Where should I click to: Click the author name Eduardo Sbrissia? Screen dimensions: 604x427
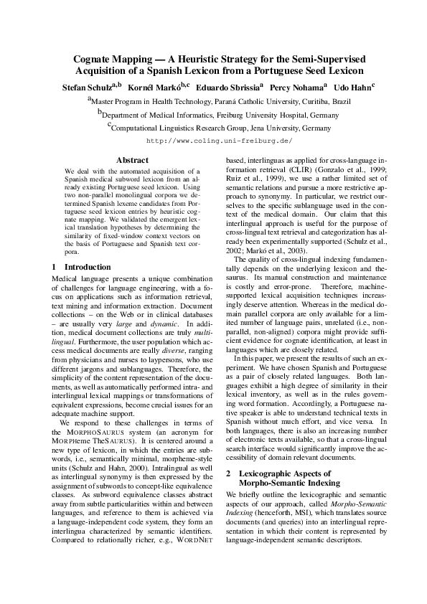tap(230, 87)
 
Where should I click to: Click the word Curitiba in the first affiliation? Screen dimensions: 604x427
tap(309, 103)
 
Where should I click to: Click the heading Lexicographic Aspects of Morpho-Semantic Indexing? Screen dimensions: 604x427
tap(284, 478)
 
